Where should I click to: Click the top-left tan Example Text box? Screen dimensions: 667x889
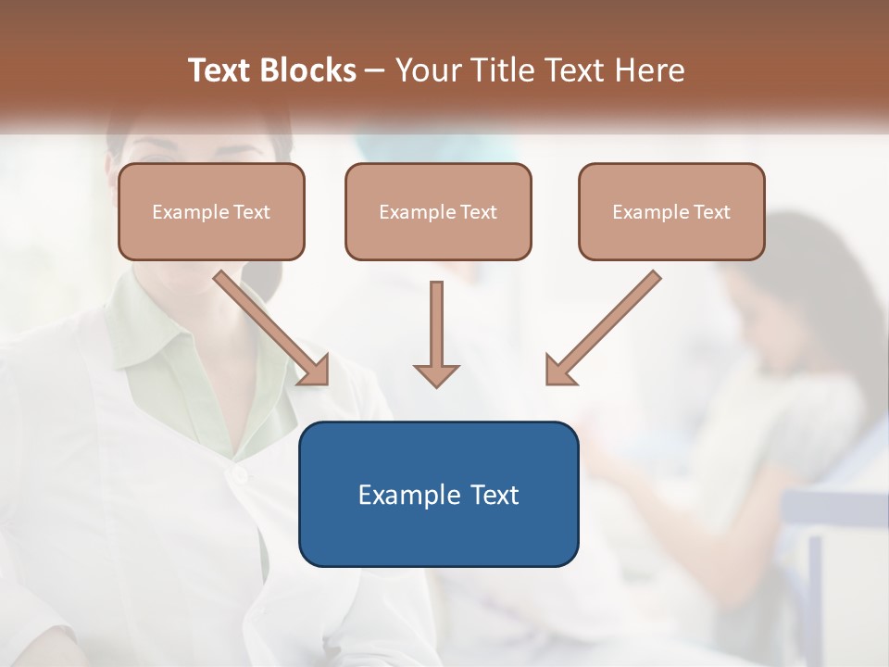click(x=211, y=211)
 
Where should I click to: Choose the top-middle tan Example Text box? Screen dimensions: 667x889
click(x=438, y=211)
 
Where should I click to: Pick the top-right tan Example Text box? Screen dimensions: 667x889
click(x=671, y=211)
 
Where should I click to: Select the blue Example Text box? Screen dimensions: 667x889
click(x=438, y=494)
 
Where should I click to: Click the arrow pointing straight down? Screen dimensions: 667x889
click(x=436, y=333)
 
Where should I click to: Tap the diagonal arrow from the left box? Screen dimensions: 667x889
click(x=273, y=329)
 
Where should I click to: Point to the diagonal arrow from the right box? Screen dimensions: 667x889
click(x=602, y=329)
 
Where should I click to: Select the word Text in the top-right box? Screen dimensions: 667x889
click(x=711, y=212)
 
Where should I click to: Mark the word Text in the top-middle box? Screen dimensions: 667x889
click(x=478, y=212)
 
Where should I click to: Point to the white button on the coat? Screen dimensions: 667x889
click(x=240, y=475)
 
